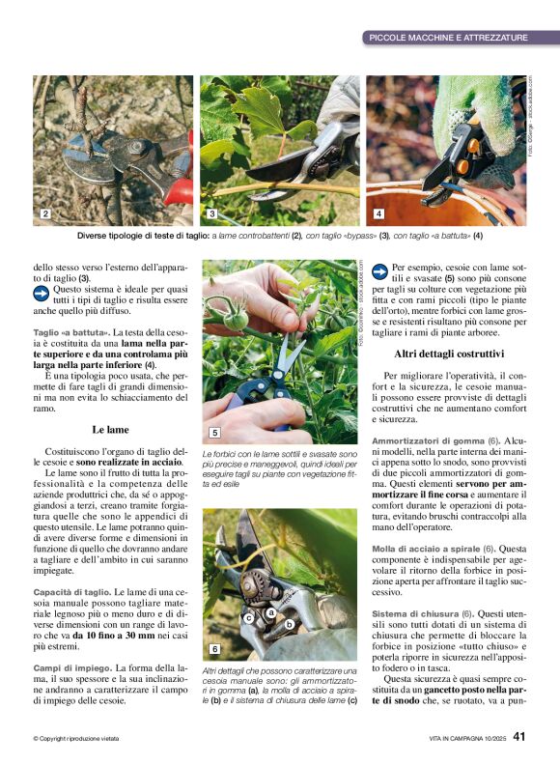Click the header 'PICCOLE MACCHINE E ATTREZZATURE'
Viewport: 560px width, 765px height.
point(449,38)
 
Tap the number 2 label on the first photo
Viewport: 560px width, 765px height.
point(44,212)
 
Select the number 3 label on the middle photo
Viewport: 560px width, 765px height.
point(211,212)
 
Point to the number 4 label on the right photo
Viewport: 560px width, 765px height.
point(378,212)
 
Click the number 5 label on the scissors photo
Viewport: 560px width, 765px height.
point(214,433)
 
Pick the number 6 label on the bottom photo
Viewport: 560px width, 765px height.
point(214,649)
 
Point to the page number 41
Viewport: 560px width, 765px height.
point(519,737)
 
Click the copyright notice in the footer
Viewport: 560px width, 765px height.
point(76,739)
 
